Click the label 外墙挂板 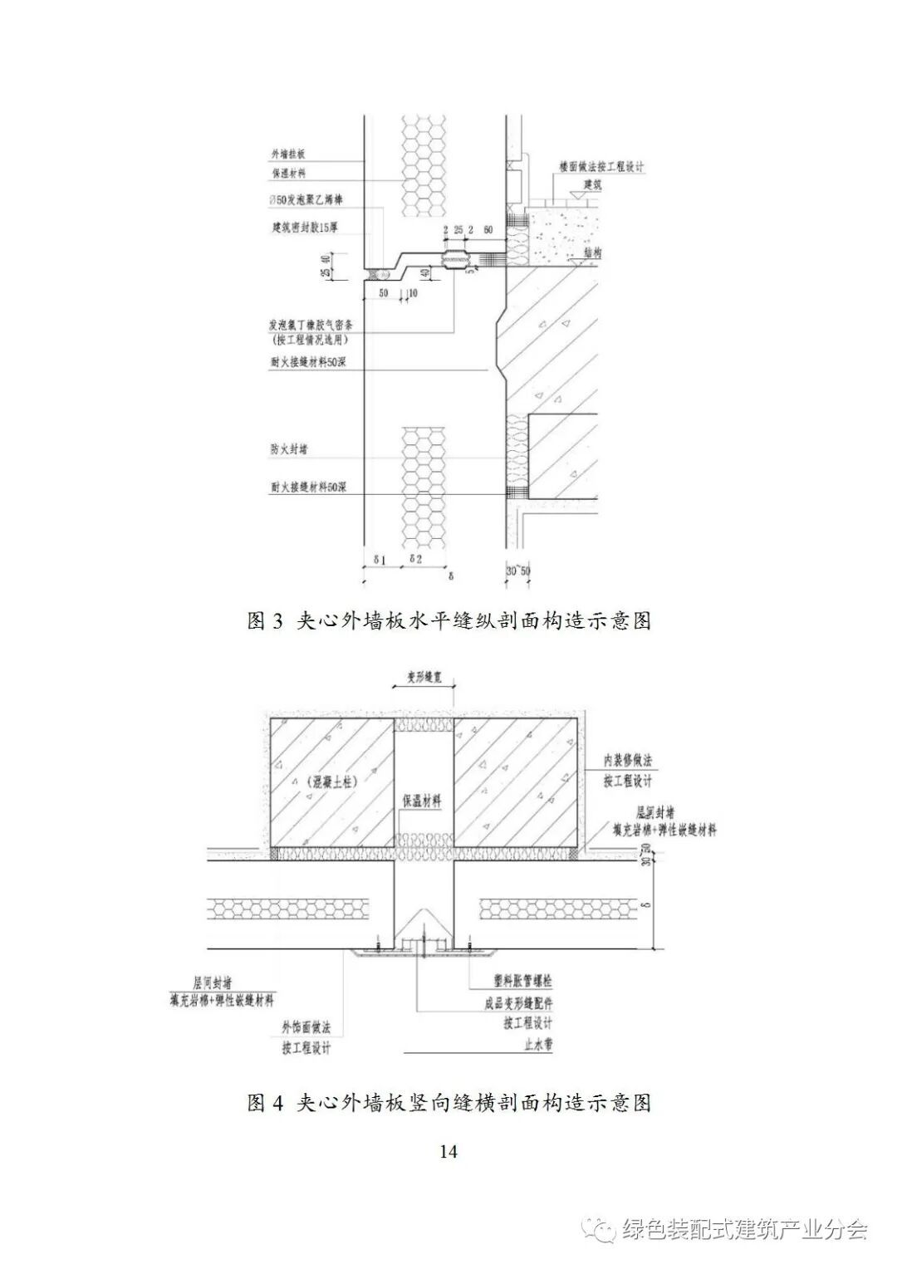pyautogui.click(x=289, y=154)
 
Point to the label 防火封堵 pyautogui.click(x=289, y=449)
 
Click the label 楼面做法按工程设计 pyautogui.click(x=601, y=167)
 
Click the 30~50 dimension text pyautogui.click(x=518, y=572)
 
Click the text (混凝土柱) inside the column pyautogui.click(x=325, y=781)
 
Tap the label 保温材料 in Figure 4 pyautogui.click(x=422, y=801)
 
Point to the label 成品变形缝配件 pyautogui.click(x=518, y=1003)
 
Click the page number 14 pyautogui.click(x=448, y=1151)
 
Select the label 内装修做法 pyautogui.click(x=628, y=761)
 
